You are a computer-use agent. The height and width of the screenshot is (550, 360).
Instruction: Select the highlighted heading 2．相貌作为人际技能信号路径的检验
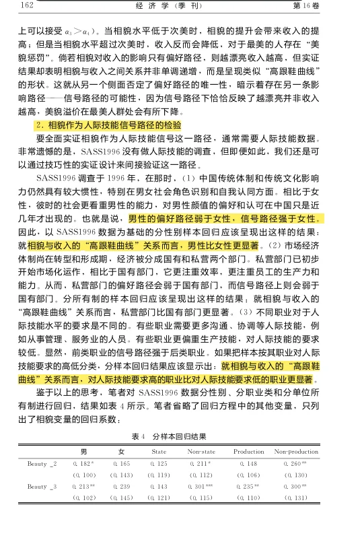108,126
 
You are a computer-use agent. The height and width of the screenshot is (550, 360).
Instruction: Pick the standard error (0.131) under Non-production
296,497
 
